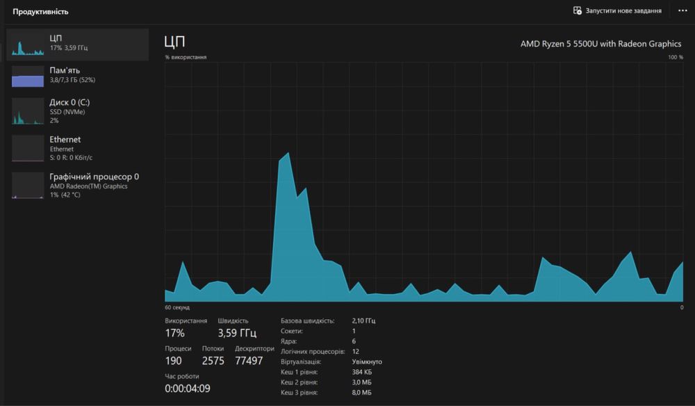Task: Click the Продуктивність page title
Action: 40,11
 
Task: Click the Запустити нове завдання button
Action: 617,11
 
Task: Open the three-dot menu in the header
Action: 682,11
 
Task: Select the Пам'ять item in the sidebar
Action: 65,70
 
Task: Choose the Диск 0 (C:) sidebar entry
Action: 69,102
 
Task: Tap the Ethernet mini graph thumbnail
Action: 28,148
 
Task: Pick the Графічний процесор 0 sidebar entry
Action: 94,177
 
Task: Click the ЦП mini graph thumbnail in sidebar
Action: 28,43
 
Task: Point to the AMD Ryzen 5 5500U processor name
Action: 600,44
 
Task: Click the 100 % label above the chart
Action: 676,57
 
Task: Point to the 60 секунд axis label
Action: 177,307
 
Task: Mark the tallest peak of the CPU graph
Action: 288,154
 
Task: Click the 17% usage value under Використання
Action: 174,333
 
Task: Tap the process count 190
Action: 173,361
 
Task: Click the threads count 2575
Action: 213,361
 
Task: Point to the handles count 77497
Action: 249,361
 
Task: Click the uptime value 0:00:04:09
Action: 187,389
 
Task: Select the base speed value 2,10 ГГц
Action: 363,321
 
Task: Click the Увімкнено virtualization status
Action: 367,362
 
